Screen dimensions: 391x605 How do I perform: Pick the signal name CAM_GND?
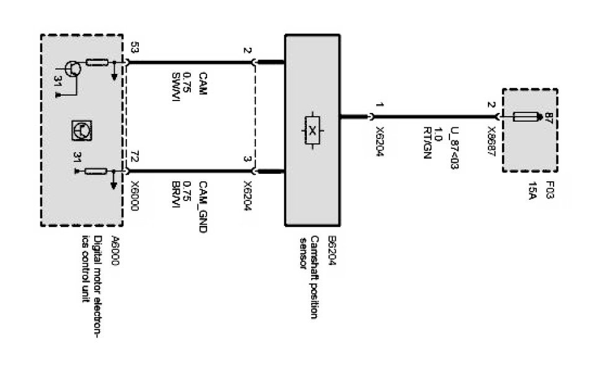202,206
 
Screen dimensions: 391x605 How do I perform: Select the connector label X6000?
135,195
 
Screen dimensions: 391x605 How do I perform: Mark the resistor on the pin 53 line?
97,62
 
